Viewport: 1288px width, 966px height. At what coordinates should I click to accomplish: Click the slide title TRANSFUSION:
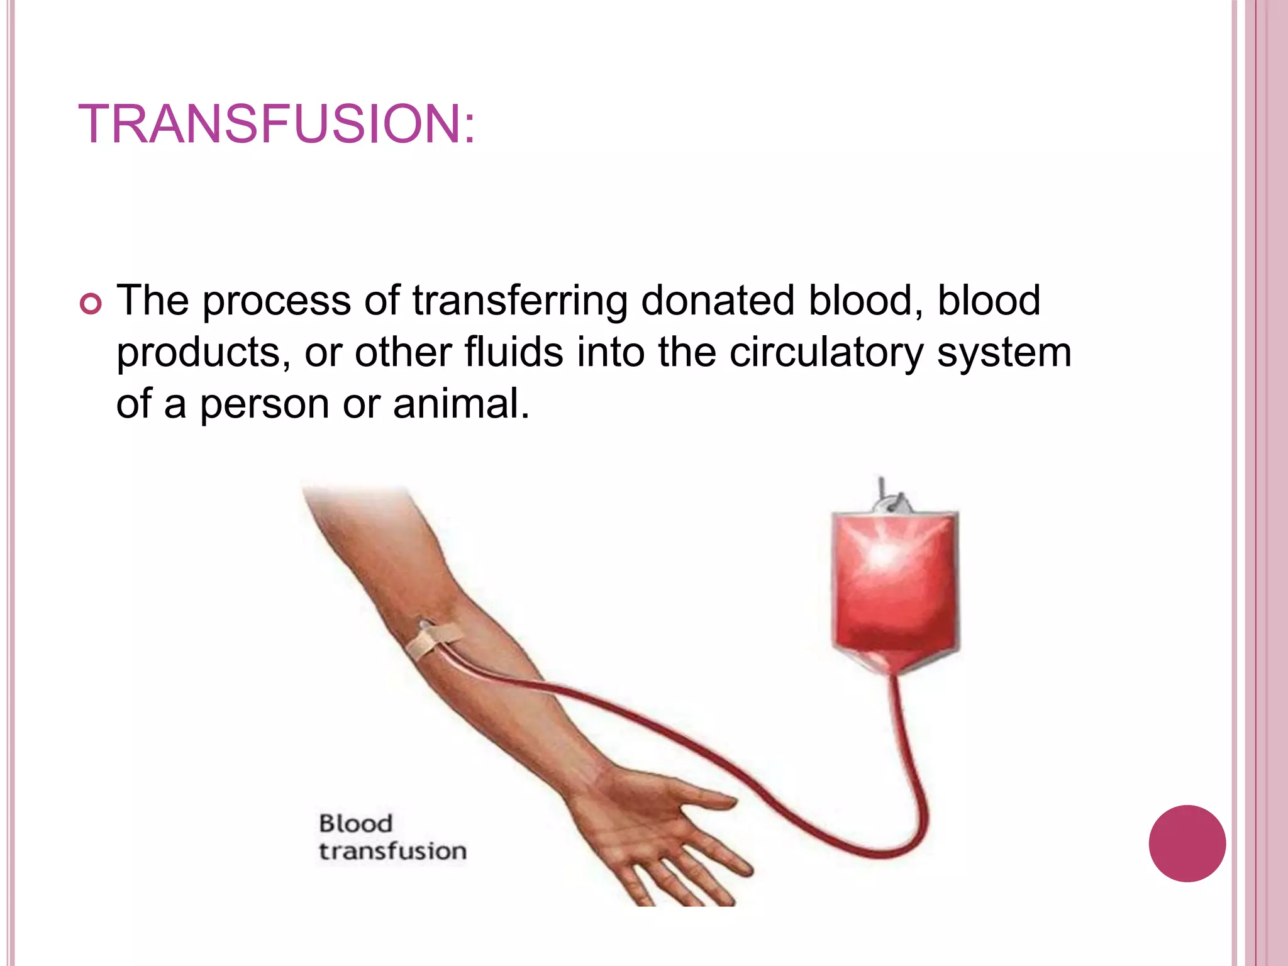pos(277,124)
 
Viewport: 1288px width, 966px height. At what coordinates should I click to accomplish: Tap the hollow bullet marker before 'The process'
pos(91,305)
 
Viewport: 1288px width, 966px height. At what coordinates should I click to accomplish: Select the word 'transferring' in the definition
pos(519,301)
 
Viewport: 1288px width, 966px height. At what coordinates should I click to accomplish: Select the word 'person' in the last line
pos(264,405)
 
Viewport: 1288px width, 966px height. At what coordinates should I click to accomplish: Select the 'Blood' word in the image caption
pos(355,823)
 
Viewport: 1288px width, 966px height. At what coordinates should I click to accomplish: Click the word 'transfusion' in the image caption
pos(392,852)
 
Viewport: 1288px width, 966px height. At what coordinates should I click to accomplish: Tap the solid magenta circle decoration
pos(1187,843)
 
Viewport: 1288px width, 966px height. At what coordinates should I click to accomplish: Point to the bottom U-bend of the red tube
pos(884,852)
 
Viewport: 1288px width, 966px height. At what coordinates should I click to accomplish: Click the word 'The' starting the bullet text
pos(153,300)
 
